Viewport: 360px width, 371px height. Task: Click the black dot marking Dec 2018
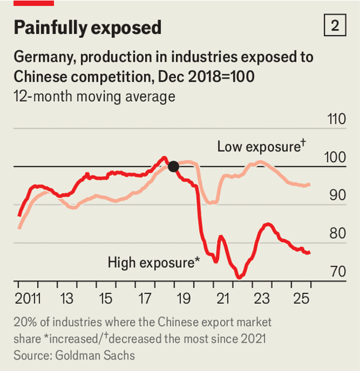click(173, 166)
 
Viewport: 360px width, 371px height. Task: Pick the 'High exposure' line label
click(153, 262)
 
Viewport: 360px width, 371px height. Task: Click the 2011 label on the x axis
click(27, 298)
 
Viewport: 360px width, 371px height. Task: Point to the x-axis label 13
click(67, 298)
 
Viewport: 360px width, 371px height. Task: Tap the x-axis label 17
click(145, 298)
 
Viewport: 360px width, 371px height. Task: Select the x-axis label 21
click(223, 298)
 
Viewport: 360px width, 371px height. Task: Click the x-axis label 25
click(301, 298)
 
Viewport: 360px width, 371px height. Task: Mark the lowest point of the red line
click(239, 277)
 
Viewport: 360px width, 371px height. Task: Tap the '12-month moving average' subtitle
click(94, 96)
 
